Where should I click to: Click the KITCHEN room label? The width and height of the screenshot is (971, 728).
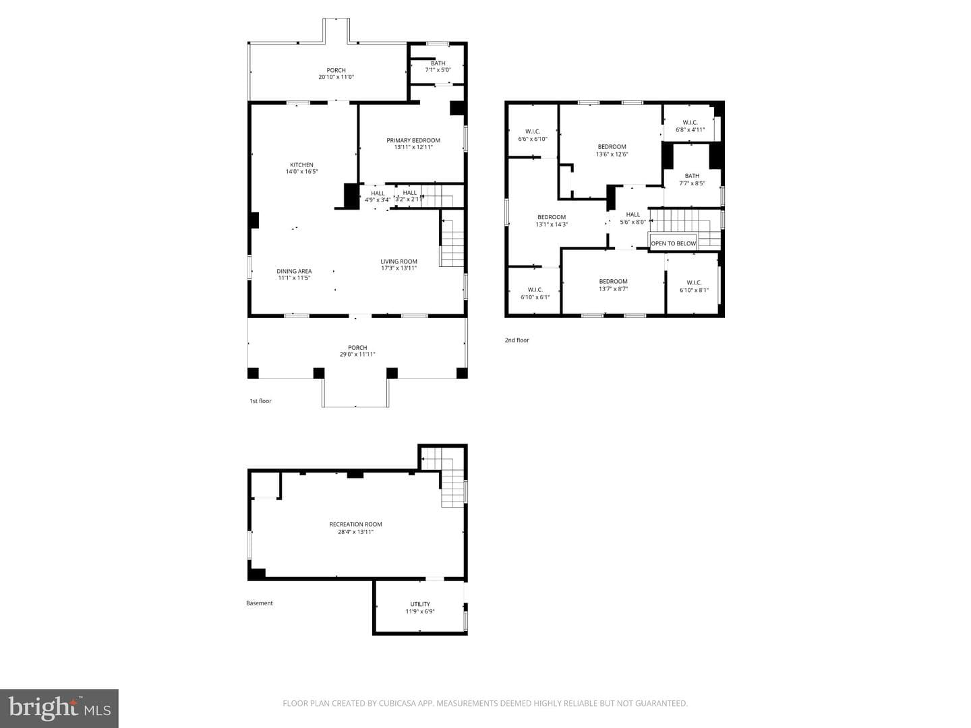tap(301, 168)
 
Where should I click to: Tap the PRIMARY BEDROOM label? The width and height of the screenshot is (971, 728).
tap(413, 144)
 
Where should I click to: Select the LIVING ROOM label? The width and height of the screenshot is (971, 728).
tap(399, 264)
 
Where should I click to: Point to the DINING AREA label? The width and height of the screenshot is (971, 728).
tap(294, 274)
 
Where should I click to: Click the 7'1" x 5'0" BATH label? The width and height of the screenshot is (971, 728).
tap(438, 66)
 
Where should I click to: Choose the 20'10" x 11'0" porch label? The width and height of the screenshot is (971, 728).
tap(336, 73)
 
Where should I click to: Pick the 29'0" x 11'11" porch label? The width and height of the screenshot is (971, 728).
tap(357, 351)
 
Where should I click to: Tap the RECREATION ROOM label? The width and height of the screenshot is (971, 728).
tap(355, 528)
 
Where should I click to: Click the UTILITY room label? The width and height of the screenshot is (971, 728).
tap(420, 607)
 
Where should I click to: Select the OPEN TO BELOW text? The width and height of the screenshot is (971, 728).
tap(673, 243)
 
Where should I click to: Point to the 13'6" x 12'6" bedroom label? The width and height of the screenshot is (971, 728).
tap(612, 150)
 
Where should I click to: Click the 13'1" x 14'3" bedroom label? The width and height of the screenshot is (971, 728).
tap(552, 220)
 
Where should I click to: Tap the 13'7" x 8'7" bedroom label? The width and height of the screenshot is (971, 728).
tap(613, 285)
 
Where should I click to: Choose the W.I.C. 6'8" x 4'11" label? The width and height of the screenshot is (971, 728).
tap(690, 126)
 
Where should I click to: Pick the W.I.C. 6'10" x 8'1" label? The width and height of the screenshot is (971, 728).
tap(694, 286)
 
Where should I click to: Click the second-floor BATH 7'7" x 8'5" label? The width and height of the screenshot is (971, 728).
tap(692, 179)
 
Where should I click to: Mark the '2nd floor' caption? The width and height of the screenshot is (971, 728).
tap(517, 340)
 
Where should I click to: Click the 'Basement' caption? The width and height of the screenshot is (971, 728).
tap(259, 603)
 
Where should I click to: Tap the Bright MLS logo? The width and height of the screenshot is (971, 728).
tap(59, 708)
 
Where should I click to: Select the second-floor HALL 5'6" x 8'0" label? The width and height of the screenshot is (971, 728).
tap(633, 218)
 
